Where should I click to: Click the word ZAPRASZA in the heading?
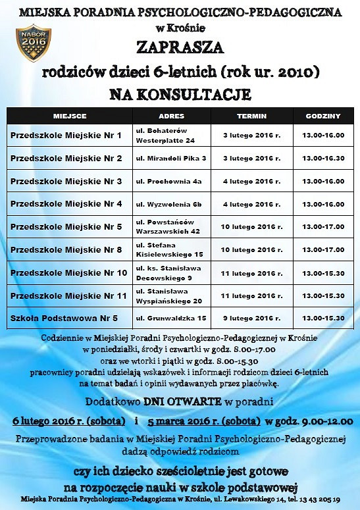pos(180,47)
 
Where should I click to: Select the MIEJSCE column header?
pos(69,116)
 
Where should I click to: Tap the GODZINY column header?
pos(323,116)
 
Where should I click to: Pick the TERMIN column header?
pos(252,116)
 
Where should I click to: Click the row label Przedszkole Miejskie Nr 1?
pos(66,136)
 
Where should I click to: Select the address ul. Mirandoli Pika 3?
pos(171,159)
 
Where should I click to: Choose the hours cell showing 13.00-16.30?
pos(323,159)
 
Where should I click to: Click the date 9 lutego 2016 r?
pos(251,318)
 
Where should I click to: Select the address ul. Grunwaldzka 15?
pos(171,318)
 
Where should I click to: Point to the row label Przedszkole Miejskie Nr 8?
pos(66,249)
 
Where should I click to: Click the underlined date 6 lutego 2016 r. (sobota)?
pos(69,421)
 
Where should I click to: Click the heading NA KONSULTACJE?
pos(180,95)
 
